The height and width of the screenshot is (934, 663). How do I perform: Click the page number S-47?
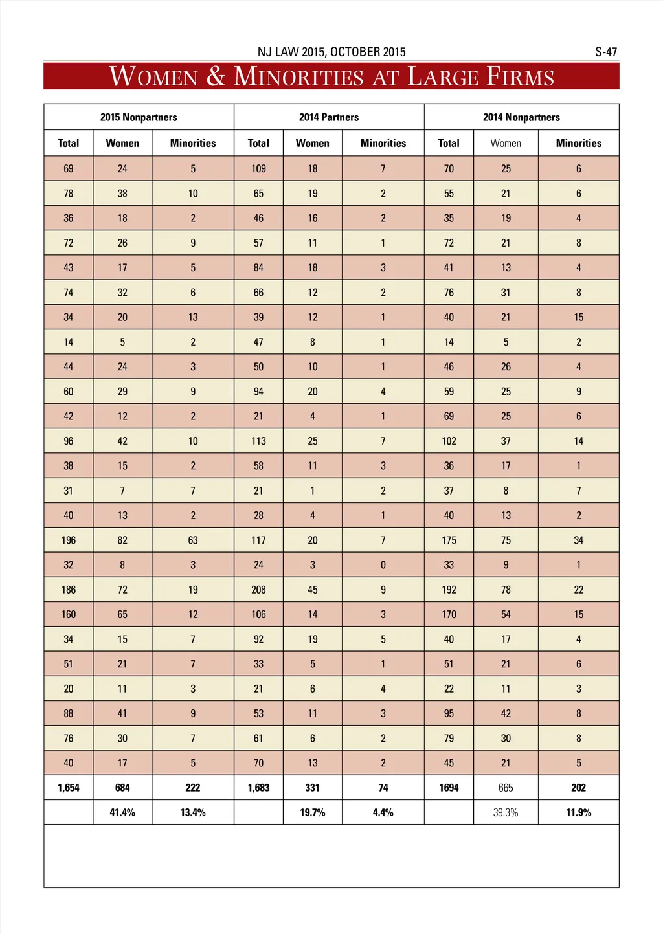606,52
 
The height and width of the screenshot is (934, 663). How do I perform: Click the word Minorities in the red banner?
298,77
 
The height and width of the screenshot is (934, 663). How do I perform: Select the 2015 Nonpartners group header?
139,117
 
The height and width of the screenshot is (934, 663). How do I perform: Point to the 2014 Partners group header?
329,117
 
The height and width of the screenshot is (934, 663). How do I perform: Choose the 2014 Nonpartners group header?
521,117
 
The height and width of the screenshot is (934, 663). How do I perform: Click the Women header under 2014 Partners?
313,143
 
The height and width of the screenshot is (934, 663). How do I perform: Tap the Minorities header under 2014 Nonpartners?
578,143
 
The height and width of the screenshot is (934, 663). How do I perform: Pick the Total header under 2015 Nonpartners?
69,143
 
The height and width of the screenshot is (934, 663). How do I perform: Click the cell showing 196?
69,540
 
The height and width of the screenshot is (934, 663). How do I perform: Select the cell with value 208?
258,590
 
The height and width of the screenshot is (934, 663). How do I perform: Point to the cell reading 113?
258,441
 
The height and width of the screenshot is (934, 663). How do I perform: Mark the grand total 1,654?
69,788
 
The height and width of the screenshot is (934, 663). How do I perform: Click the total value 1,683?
258,788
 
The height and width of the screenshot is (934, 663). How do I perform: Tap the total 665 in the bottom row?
506,788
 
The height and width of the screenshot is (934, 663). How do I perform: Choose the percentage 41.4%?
122,812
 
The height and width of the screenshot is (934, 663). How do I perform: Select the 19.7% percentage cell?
313,812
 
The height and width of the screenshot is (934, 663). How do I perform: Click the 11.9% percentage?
578,812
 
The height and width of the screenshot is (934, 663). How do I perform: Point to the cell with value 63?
193,540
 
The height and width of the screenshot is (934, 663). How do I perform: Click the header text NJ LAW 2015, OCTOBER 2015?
331,52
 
